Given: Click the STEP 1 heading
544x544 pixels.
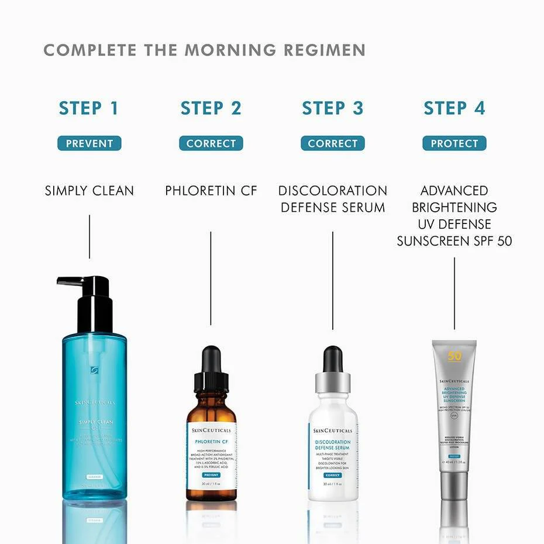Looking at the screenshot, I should pyautogui.click(x=89, y=108).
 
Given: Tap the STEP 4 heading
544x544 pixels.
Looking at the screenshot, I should pyautogui.click(x=455, y=108).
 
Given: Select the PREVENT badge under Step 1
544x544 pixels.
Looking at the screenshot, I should pyautogui.click(x=89, y=143).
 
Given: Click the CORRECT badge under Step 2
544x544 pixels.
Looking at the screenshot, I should pyautogui.click(x=211, y=143).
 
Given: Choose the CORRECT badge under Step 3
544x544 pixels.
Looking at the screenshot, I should pyautogui.click(x=332, y=143).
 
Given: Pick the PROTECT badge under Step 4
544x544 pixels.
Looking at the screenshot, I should pyautogui.click(x=455, y=143).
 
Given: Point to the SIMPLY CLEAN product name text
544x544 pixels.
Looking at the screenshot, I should pyautogui.click(x=89, y=191).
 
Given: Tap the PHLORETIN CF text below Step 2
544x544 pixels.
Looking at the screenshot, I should pyautogui.click(x=211, y=191).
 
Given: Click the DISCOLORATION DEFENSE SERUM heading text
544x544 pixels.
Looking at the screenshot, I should pyautogui.click(x=332, y=199).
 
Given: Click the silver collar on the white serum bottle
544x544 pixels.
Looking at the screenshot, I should pyautogui.click(x=332, y=383).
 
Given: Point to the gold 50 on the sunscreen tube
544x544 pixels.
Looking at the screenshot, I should pyautogui.click(x=455, y=356).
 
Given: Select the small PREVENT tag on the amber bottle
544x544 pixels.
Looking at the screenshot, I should pyautogui.click(x=211, y=475).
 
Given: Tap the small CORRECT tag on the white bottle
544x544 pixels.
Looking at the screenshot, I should pyautogui.click(x=332, y=475).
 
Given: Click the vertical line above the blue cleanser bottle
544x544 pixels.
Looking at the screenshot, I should pyautogui.click(x=89, y=236).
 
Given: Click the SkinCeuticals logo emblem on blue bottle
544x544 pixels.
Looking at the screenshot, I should pyautogui.click(x=94, y=370).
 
